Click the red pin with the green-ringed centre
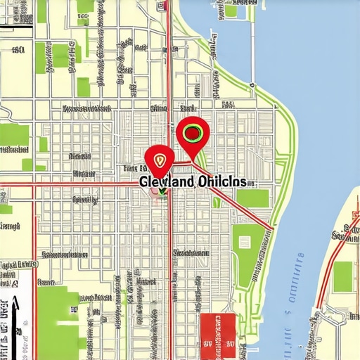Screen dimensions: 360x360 193,132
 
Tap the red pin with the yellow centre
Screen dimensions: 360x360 160,160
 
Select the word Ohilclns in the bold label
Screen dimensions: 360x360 222,181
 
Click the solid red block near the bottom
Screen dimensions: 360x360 217,330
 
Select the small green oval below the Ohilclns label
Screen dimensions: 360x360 217,202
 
